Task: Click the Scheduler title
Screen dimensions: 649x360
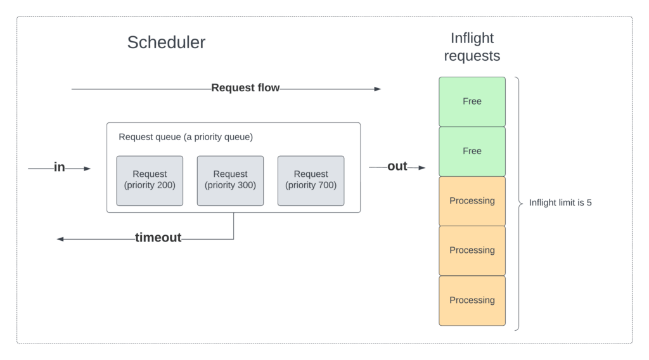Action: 166,42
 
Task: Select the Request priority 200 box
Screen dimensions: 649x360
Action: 150,181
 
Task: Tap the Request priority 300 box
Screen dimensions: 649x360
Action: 230,181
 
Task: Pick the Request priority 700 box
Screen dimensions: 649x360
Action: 311,181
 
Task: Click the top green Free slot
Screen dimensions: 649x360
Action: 472,101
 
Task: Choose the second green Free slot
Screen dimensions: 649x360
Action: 472,151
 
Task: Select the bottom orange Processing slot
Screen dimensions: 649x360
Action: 472,300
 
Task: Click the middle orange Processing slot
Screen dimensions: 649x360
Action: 472,251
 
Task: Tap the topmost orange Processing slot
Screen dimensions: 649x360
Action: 472,201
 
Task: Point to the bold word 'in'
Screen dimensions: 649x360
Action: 59,167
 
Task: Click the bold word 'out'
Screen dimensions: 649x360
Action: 397,166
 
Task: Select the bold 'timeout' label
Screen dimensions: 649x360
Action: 158,238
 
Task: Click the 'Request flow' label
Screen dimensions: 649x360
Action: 245,87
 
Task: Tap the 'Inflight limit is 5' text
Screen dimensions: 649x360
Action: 560,203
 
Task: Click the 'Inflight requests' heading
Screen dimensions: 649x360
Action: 472,47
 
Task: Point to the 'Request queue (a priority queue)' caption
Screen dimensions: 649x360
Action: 186,137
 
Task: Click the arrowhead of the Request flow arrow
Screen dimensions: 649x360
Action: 378,89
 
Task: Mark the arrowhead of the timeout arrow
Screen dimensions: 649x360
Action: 60,239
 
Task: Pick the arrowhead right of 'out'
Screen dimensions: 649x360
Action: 421,167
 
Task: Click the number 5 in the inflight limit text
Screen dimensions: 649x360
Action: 589,203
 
